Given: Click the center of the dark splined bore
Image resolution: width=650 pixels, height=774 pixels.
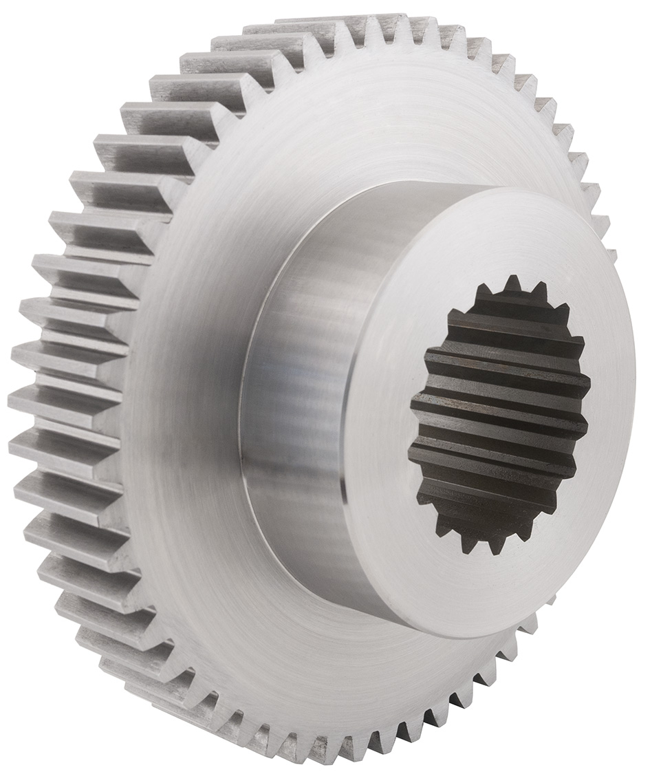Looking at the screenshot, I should tap(500, 413).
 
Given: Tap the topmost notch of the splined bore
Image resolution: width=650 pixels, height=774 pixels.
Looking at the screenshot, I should tap(512, 283).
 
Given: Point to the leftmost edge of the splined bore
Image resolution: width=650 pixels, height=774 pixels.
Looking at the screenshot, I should tap(411, 454).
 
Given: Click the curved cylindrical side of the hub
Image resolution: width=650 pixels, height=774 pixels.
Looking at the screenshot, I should tap(296, 413).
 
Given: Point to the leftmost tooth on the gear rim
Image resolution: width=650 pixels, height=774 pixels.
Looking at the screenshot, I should tap(28, 399).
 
